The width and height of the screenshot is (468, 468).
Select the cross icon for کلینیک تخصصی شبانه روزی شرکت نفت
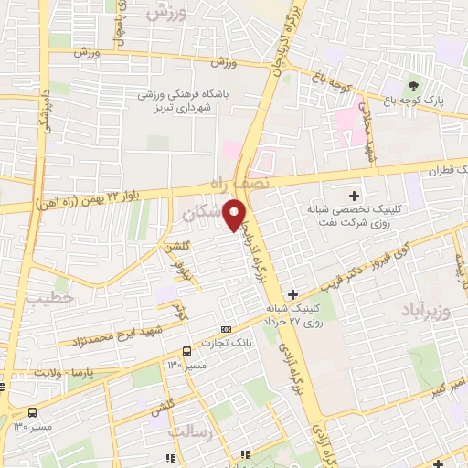(354, 196)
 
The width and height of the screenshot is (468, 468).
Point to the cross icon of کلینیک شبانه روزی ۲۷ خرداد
(292, 293)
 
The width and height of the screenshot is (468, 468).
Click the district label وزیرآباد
(426, 311)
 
